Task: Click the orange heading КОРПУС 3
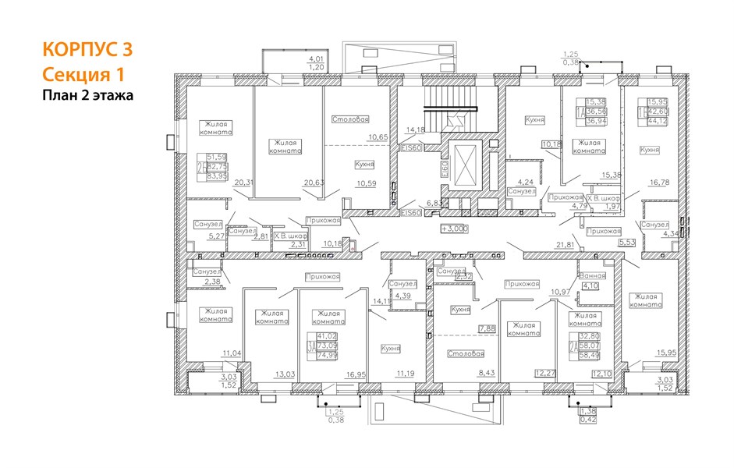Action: point(87,50)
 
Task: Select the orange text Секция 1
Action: point(82,74)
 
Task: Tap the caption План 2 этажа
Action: point(87,95)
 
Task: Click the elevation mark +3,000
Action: point(454,229)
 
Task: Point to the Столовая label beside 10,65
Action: point(349,119)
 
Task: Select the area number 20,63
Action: point(314,183)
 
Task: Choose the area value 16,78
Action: point(660,185)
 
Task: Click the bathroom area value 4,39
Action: point(402,296)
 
